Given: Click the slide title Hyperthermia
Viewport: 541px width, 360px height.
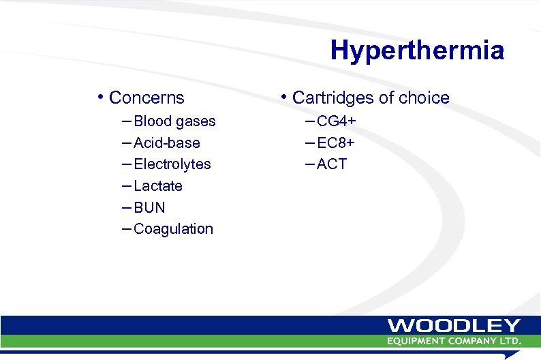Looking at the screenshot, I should (x=417, y=50).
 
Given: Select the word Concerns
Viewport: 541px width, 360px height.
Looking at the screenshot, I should (x=146, y=97).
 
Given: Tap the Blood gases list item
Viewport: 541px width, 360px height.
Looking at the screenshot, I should (x=174, y=121).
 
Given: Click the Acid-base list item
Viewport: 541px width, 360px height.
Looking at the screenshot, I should (x=167, y=143).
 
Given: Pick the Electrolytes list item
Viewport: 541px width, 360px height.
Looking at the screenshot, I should (x=172, y=164).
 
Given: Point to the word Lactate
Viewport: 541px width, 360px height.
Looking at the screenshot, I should (x=158, y=186).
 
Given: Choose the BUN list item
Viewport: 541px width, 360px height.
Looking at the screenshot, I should (x=149, y=207).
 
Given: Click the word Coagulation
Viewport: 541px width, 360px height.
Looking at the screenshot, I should (x=174, y=229).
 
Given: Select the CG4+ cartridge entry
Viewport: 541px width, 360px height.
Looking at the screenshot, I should (x=337, y=121).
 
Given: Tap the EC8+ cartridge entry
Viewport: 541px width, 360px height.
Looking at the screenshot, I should (x=336, y=143).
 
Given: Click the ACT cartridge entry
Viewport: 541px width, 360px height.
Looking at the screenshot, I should (x=332, y=164).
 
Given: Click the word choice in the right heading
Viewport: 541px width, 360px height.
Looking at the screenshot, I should (x=424, y=97).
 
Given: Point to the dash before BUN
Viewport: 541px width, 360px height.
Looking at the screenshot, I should (x=127, y=207).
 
